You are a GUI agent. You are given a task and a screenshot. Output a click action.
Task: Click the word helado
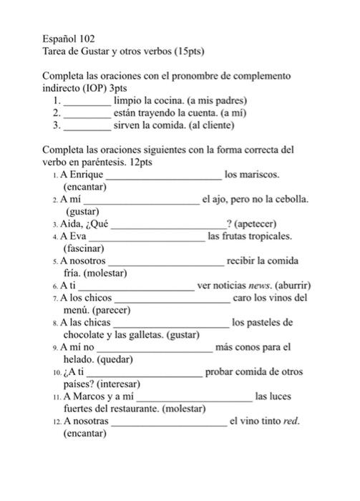pos(79,360)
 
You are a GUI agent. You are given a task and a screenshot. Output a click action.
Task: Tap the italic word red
pos(290,422)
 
